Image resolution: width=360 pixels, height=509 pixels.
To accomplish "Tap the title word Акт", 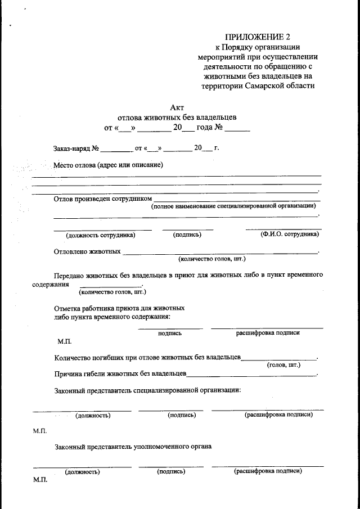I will [177, 107].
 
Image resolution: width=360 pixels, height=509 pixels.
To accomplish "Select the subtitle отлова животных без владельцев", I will [177, 118].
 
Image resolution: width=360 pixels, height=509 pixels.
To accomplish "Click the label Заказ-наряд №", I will [76, 149].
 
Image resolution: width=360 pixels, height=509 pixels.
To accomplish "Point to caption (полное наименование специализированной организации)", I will [233, 206].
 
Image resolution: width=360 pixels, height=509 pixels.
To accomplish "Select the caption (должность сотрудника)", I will [100, 235].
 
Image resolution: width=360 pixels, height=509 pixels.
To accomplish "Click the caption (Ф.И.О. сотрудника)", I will [290, 234].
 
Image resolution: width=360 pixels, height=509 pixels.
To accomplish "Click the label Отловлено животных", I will [87, 251].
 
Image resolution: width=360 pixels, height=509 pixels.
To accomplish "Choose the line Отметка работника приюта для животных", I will [119, 308].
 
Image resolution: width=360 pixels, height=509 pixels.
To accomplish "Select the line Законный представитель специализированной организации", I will [147, 389].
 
